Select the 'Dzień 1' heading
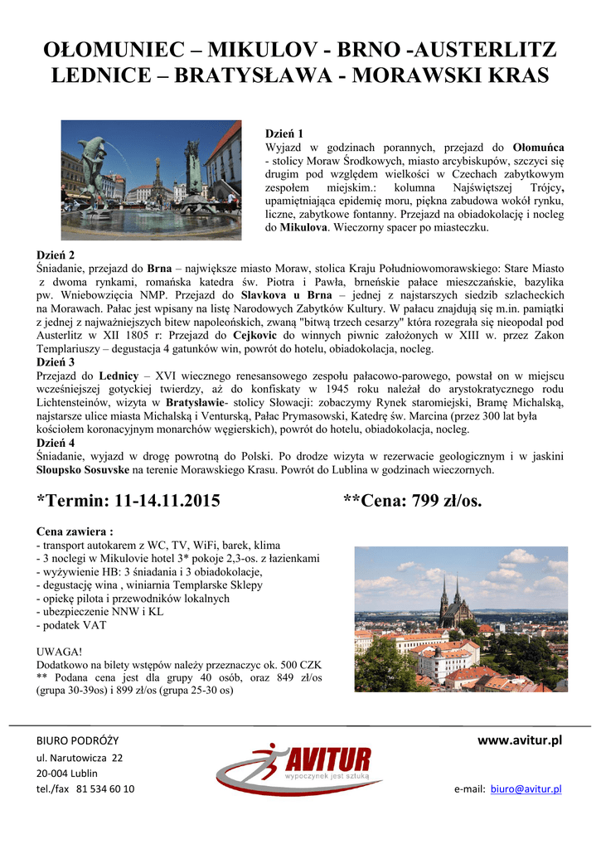point(284,133)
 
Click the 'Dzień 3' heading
point(56,362)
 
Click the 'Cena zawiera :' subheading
point(75,531)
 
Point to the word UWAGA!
point(60,652)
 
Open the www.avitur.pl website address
point(521,740)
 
